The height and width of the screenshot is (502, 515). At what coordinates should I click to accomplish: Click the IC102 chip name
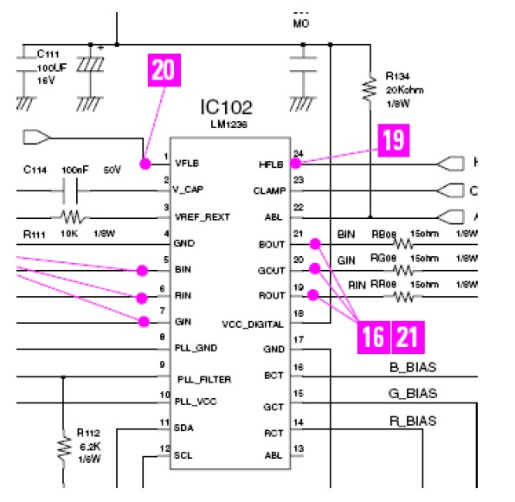(227, 108)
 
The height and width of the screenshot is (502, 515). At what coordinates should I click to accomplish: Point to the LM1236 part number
(227, 126)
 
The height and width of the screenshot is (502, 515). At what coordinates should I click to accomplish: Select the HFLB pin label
(270, 164)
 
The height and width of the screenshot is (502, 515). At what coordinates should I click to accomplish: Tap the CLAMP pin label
(267, 190)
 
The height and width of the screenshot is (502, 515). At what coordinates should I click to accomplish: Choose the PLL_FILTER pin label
(204, 379)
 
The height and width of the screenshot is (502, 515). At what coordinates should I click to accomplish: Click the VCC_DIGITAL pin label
(253, 324)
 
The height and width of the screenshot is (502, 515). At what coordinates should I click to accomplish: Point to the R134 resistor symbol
(370, 87)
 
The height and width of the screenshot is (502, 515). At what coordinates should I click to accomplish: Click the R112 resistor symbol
(64, 447)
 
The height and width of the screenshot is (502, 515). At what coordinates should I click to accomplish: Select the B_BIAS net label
(411, 367)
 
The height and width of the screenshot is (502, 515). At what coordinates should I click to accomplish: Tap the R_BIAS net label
(411, 422)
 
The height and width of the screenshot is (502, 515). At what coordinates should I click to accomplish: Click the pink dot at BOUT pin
(315, 244)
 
